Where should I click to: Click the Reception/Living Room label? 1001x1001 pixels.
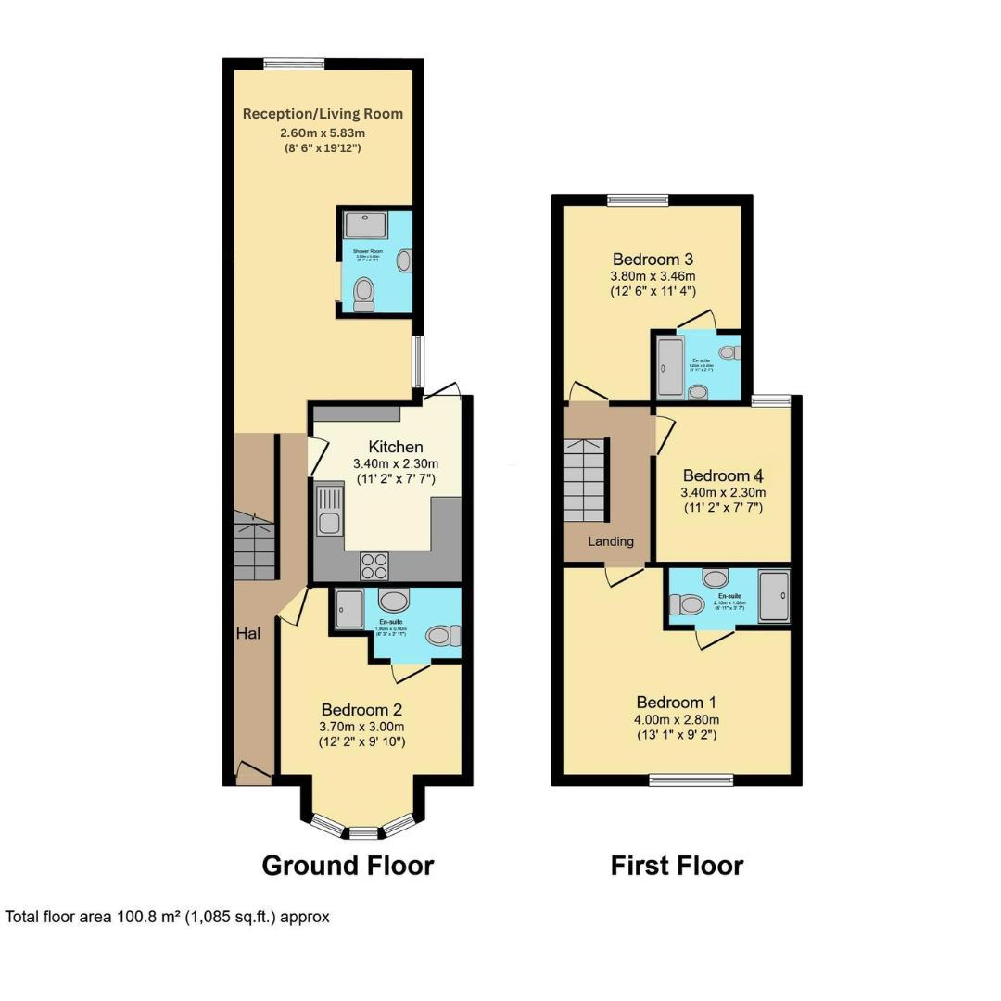click(x=323, y=114)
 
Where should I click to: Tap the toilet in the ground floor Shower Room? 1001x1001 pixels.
click(x=364, y=293)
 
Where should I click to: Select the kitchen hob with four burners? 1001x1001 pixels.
click(x=374, y=564)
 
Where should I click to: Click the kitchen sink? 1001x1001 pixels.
click(x=327, y=513)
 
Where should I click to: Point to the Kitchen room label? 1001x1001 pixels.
click(x=396, y=447)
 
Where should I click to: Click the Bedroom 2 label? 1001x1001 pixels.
click(x=361, y=710)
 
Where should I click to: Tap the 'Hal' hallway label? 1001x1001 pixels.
click(x=247, y=634)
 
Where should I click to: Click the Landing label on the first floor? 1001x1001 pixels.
click(x=612, y=541)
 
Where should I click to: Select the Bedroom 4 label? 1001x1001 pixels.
click(x=723, y=475)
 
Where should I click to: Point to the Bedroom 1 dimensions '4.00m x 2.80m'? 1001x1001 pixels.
click(x=677, y=719)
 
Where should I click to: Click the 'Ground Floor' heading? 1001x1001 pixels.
click(x=348, y=866)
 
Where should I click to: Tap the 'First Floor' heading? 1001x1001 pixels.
click(x=677, y=866)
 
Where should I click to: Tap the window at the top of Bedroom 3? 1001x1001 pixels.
click(x=638, y=199)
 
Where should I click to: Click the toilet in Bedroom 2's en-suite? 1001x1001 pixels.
click(x=442, y=636)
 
